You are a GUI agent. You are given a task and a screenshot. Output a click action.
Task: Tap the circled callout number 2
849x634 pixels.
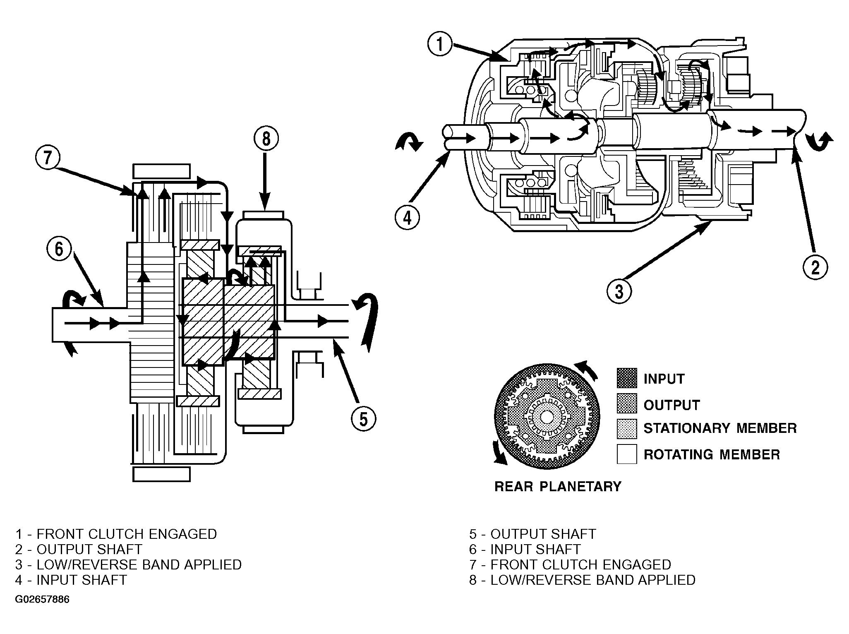[815, 267]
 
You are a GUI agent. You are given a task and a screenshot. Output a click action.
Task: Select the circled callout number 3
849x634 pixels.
[619, 291]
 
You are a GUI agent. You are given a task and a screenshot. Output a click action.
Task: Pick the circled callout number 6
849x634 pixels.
[59, 250]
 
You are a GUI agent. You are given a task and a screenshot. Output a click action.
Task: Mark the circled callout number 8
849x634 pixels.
[266, 139]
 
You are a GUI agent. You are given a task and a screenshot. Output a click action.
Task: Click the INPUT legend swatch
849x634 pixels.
[627, 378]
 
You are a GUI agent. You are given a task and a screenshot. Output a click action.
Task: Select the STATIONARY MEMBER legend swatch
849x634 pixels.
[627, 429]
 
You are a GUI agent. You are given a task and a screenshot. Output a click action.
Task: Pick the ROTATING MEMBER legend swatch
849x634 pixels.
[627, 454]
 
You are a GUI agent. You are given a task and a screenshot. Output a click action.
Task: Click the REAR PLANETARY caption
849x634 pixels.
[558, 486]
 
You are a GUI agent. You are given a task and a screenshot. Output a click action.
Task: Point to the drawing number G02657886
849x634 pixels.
[42, 600]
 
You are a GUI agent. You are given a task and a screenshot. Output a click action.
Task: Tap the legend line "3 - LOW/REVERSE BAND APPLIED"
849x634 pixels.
[128, 564]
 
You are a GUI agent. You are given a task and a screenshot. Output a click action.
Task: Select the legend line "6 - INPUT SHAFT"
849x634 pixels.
[525, 549]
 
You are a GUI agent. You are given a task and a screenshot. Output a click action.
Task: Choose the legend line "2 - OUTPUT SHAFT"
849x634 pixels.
[79, 549]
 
